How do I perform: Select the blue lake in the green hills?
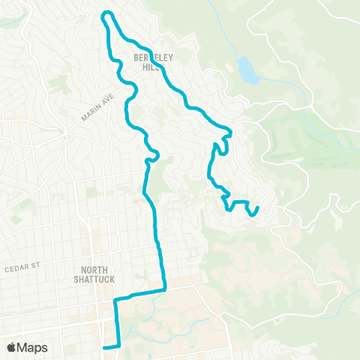click(x=246, y=70)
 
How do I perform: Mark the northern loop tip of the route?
click(x=107, y=13)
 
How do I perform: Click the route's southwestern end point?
click(x=104, y=347)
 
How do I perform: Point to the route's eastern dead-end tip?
click(x=258, y=208)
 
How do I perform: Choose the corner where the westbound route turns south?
click(x=115, y=298)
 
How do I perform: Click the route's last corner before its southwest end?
click(x=118, y=346)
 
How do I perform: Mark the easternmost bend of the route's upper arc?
click(x=230, y=132)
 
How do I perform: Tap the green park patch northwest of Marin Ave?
click(x=58, y=77)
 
